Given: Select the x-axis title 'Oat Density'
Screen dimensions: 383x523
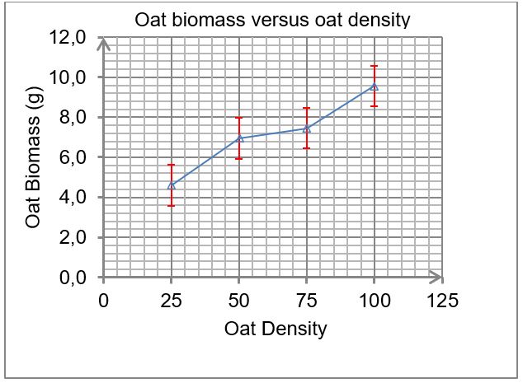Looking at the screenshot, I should [x=276, y=329].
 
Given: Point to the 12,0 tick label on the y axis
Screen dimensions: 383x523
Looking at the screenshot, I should [x=68, y=37].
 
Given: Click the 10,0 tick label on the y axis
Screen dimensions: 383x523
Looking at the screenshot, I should [x=68, y=77].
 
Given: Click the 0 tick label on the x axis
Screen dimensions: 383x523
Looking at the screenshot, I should [x=103, y=301].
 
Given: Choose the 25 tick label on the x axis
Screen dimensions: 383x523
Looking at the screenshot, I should [x=171, y=301].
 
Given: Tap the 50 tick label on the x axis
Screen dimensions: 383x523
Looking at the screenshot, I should [x=239, y=301].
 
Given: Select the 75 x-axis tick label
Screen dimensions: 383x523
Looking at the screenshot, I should [x=307, y=301].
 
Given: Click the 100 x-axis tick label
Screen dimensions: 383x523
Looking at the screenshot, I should [x=375, y=301].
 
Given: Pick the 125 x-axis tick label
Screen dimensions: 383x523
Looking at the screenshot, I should [x=442, y=301].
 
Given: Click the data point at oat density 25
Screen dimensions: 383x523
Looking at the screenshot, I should [x=171, y=185].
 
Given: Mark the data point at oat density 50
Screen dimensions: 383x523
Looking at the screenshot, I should [x=239, y=138].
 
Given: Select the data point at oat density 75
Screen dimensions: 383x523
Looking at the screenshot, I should [x=307, y=128].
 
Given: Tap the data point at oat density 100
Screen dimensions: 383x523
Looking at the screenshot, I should [x=375, y=86].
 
